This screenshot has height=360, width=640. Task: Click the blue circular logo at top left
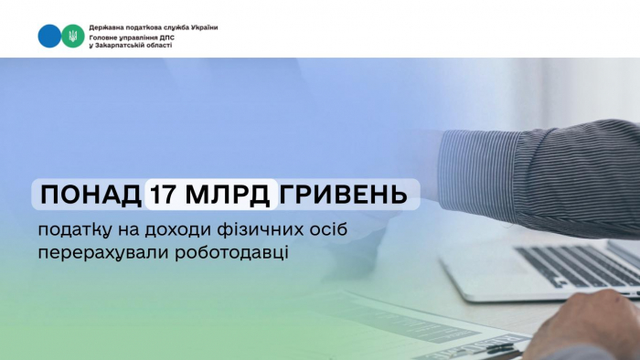click(x=48, y=37)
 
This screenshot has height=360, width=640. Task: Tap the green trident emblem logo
click(x=71, y=37)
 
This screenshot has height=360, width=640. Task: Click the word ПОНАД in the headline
click(x=89, y=195)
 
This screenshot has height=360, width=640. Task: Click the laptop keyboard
click(x=576, y=264)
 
